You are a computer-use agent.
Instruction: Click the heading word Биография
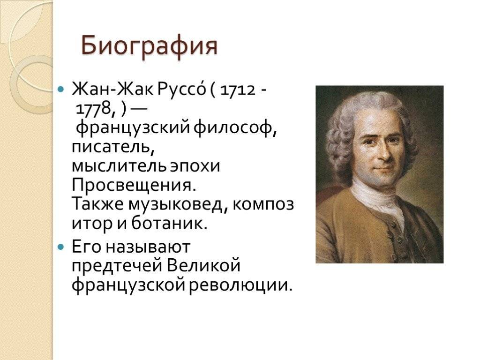pyautogui.click(x=149, y=47)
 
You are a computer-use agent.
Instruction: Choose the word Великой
pyautogui.click(x=203, y=266)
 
